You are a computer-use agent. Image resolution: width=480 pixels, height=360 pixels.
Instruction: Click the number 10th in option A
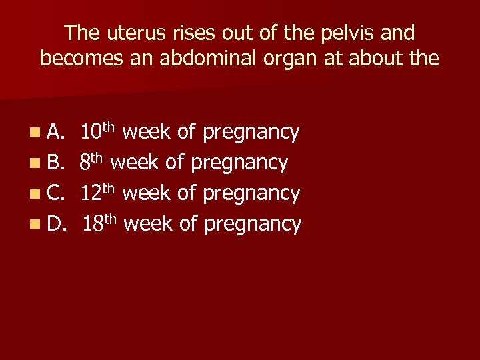[x=99, y=131]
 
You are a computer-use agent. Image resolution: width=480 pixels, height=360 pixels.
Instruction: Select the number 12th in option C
[x=99, y=192]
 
